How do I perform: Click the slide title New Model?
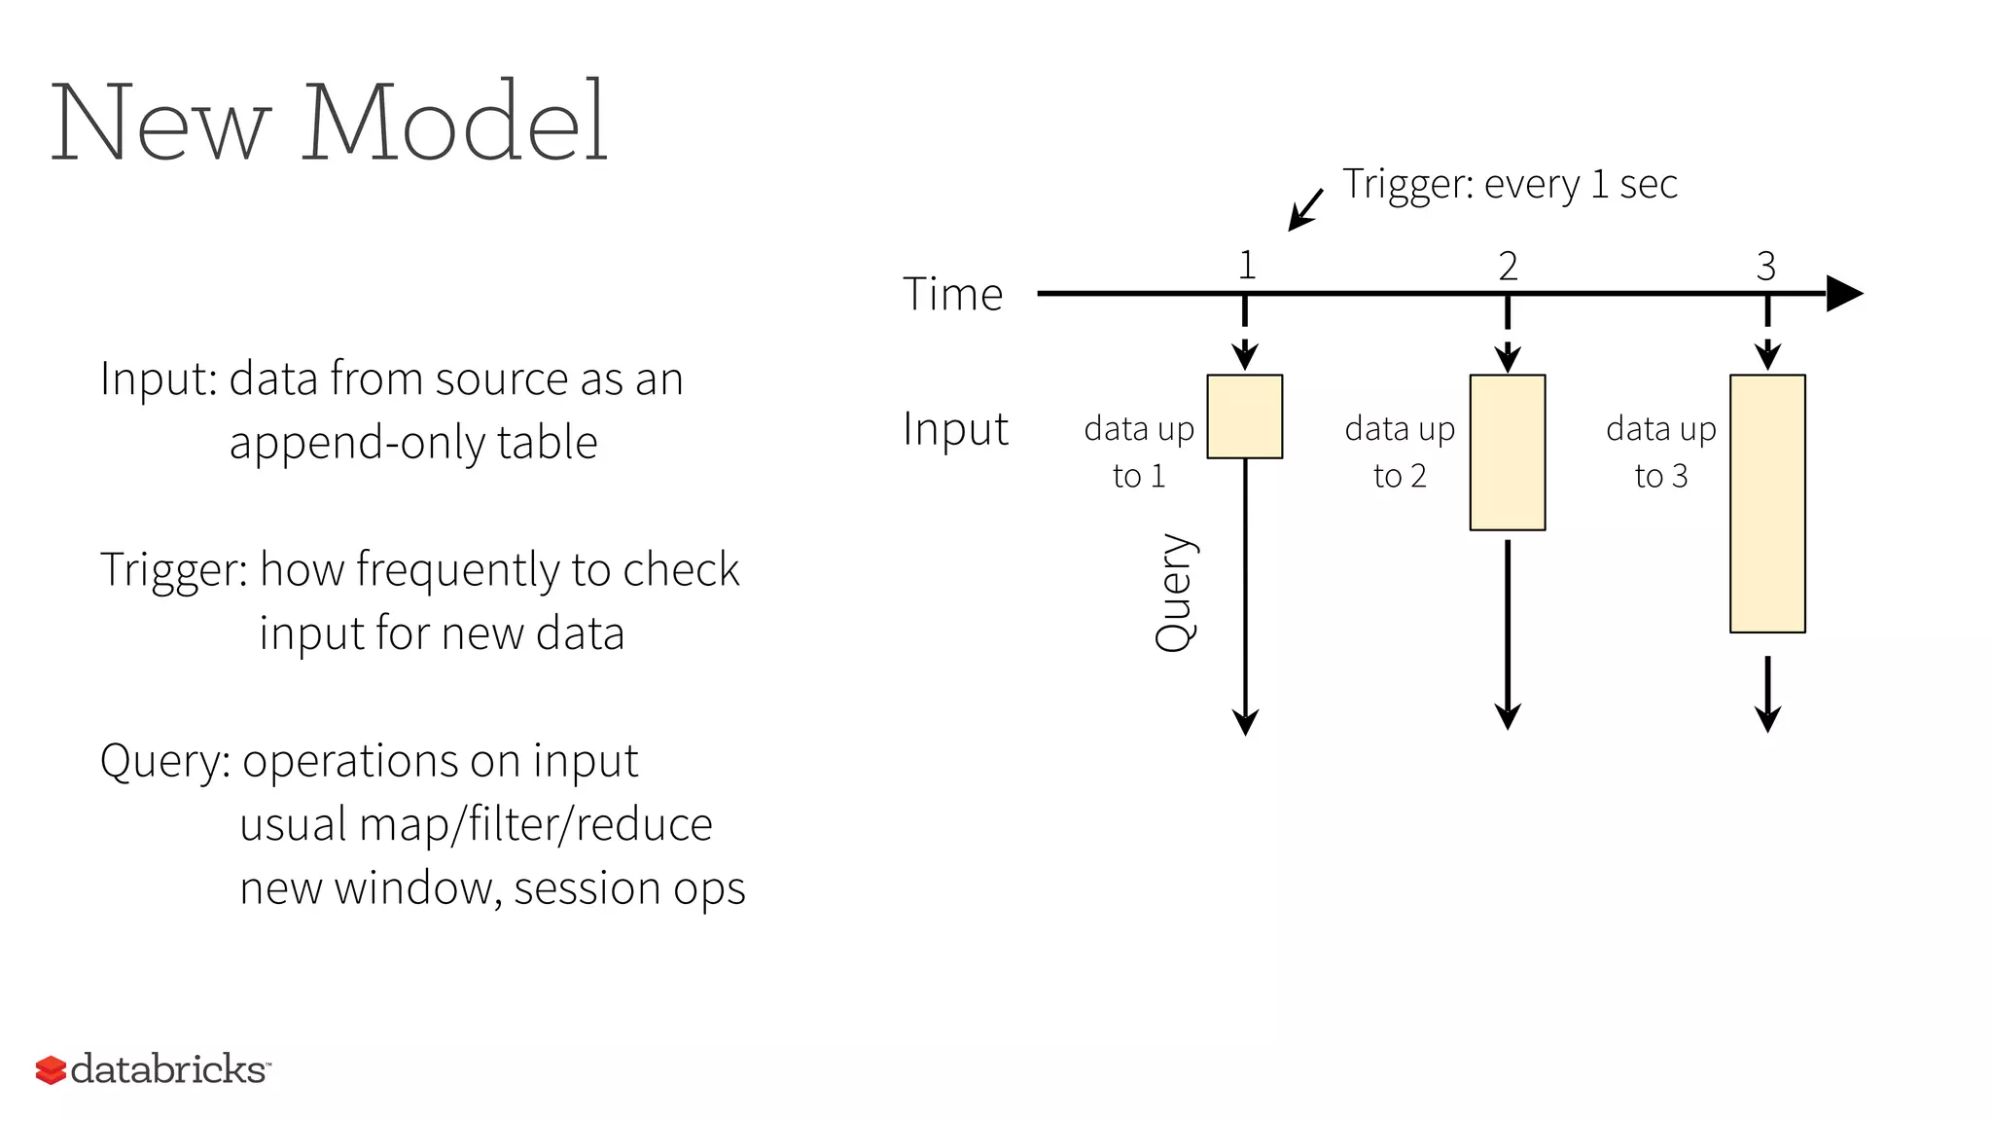coord(329,124)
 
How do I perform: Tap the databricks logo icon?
coord(51,1069)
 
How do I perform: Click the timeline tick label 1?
coord(1247,266)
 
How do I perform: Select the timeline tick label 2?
coord(1508,266)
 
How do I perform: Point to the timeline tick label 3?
coord(1766,266)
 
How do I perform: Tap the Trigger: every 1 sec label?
coord(1510,184)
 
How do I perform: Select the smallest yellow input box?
coord(1244,416)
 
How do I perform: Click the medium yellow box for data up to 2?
coord(1507,452)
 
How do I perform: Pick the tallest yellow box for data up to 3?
coord(1767,504)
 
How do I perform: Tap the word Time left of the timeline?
coord(952,294)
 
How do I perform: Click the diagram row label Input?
coord(955,429)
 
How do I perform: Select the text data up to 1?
coord(1139,452)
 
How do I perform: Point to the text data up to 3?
coord(1660,452)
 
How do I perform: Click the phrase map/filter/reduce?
coord(535,825)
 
